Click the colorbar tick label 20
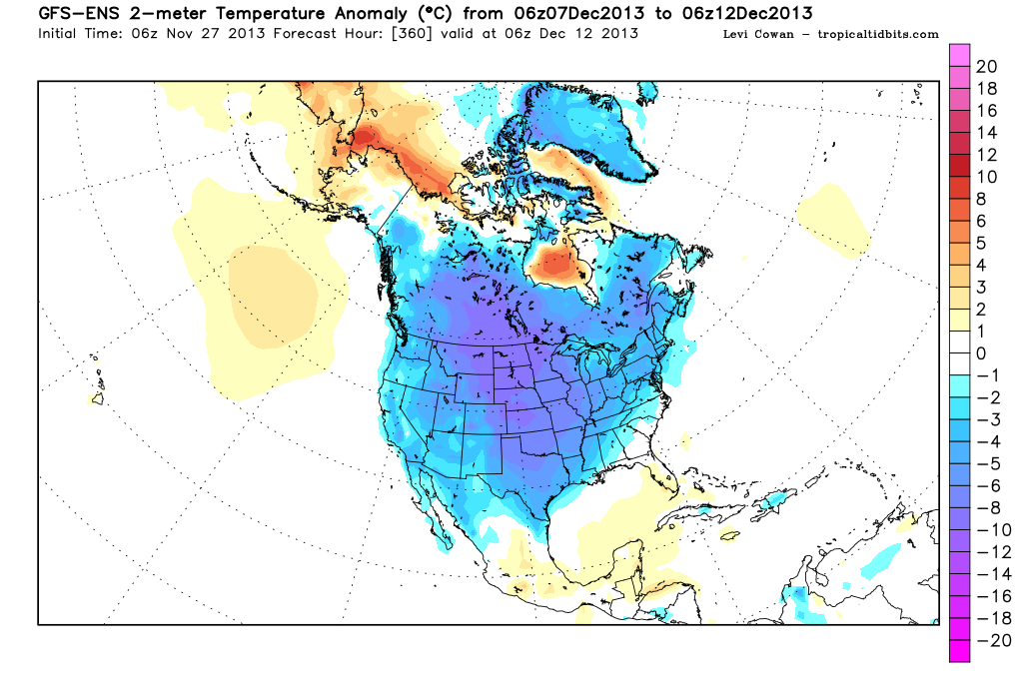(987, 67)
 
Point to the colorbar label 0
(981, 353)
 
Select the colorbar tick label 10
(987, 177)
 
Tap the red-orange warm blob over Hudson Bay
(554, 266)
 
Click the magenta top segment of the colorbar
(960, 54)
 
